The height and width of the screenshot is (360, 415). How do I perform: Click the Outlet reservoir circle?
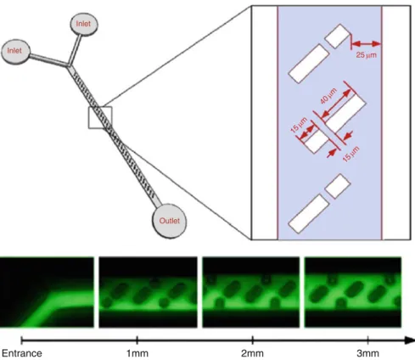169,221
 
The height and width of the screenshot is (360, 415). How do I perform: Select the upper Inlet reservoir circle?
84,25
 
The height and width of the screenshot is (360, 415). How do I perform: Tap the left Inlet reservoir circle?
15,52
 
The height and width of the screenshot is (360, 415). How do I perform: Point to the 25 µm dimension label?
367,54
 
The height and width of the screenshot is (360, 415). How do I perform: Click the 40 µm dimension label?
328,96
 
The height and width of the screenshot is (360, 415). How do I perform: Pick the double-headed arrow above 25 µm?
366,44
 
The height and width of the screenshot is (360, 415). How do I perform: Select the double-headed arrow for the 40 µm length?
336,103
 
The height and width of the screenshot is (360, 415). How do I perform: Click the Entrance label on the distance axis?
22,353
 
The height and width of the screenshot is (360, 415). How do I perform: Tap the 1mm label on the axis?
137,353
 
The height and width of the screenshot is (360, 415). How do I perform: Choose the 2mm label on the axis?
252,353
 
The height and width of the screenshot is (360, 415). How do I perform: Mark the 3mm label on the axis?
367,353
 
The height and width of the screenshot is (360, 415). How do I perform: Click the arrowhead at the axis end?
410,340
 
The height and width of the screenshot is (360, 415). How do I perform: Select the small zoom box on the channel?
100,118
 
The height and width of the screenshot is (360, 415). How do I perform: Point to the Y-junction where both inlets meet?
69,66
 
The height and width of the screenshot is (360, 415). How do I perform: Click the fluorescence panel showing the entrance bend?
47,292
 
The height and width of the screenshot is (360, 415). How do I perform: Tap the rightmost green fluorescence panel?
353,292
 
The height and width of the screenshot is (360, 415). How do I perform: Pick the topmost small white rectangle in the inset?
338,37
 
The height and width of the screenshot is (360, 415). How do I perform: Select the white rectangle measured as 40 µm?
345,113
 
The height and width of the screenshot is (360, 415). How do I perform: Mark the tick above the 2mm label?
252,340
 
